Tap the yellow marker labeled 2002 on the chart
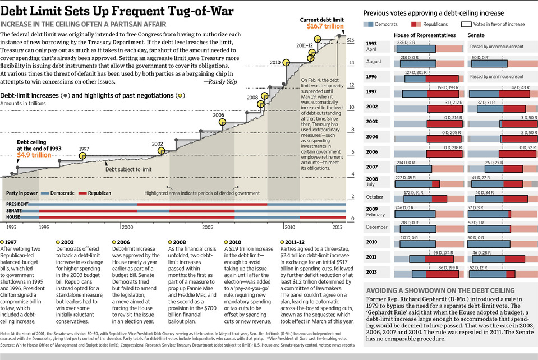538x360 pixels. pyautogui.click(x=162, y=150)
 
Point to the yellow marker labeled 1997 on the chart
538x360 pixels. pyautogui.click(x=84, y=156)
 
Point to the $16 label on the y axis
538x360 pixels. pyautogui.click(x=350, y=40)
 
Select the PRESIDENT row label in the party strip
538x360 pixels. pyautogui.click(x=17, y=204)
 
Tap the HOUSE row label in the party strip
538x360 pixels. pyautogui.click(x=13, y=216)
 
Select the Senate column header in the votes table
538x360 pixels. pyautogui.click(x=476, y=35)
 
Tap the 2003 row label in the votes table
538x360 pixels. pyautogui.click(x=371, y=121)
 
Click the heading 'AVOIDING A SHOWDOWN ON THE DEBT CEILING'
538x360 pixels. pyautogui.click(x=440, y=290)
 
